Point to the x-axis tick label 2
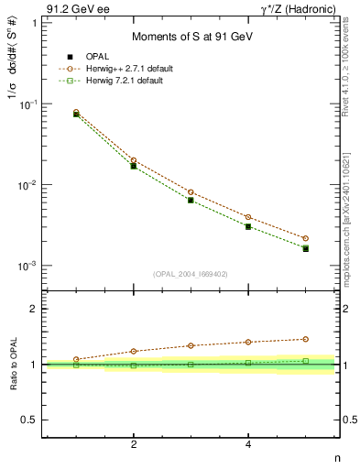pos(134,444)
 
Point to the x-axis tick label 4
pos(248,444)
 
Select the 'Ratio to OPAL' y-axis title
pos(14,365)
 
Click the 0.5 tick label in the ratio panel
pos(29,420)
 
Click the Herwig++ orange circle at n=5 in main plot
pos(306,238)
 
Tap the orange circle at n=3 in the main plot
pos(191,192)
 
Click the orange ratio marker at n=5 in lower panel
pos(306,339)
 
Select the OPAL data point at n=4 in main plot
pos(248,226)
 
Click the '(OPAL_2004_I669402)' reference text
pos(191,273)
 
